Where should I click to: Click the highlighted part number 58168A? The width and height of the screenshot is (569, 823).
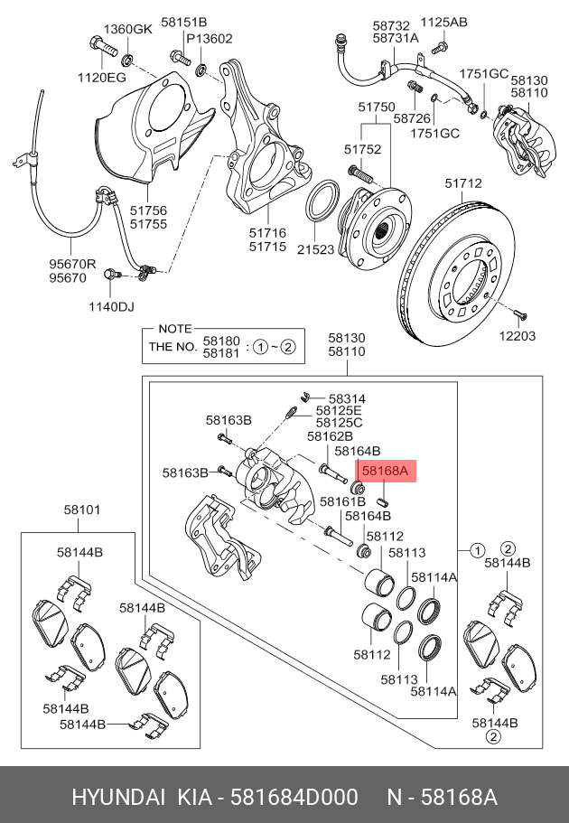pyautogui.click(x=386, y=471)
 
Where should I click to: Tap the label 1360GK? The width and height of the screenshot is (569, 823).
pyautogui.click(x=127, y=29)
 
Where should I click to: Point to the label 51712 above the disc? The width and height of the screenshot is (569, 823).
pyautogui.click(x=462, y=183)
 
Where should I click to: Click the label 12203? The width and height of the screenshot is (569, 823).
pyautogui.click(x=518, y=336)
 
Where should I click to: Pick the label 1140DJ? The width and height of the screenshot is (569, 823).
pyautogui.click(x=109, y=306)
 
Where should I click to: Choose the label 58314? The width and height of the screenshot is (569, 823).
pyautogui.click(x=347, y=397)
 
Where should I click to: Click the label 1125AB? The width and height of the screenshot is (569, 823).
pyautogui.click(x=445, y=22)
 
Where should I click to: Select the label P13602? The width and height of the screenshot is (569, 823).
pyautogui.click(x=210, y=38)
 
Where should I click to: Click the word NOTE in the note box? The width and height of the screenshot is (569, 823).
pyautogui.click(x=175, y=329)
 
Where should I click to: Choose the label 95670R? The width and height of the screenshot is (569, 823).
pyautogui.click(x=72, y=266)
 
